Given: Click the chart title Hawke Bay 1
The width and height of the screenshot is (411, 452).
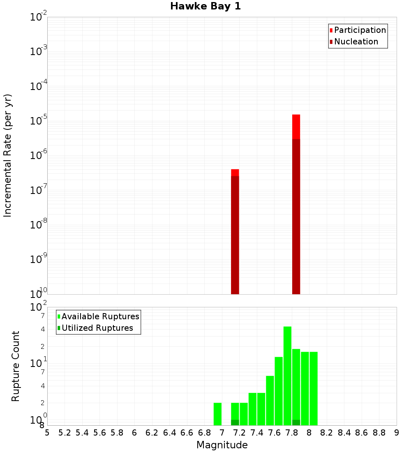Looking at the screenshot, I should tap(205, 6).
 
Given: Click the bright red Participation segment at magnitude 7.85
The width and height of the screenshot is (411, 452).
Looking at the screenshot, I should tap(296, 127).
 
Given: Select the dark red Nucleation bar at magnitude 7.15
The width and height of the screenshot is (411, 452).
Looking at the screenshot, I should tap(235, 234).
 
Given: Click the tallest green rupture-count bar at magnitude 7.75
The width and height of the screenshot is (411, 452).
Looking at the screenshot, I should tap(287, 376).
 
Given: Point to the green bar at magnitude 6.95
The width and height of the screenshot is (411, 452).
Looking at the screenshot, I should tap(217, 414).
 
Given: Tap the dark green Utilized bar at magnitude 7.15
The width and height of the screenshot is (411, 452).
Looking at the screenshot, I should tap(235, 422).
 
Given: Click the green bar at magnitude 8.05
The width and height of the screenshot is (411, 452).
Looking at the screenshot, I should tap(314, 388).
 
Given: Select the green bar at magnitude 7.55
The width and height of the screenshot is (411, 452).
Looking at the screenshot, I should tap(270, 401).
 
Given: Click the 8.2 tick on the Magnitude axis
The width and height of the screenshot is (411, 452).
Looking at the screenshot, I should tap(327, 432).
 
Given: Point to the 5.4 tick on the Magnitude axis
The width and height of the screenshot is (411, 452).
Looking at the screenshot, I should tap(82, 432).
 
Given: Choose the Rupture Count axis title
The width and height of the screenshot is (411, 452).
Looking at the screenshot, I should tap(16, 366).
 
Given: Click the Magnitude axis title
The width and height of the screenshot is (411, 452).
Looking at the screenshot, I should tap(222, 445).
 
